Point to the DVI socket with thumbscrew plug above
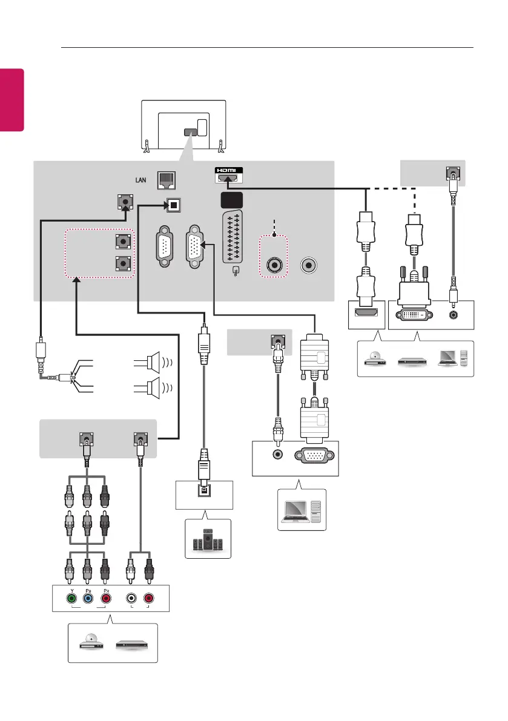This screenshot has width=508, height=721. tap(415, 314)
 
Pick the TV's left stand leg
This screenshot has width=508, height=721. tap(147, 146)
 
